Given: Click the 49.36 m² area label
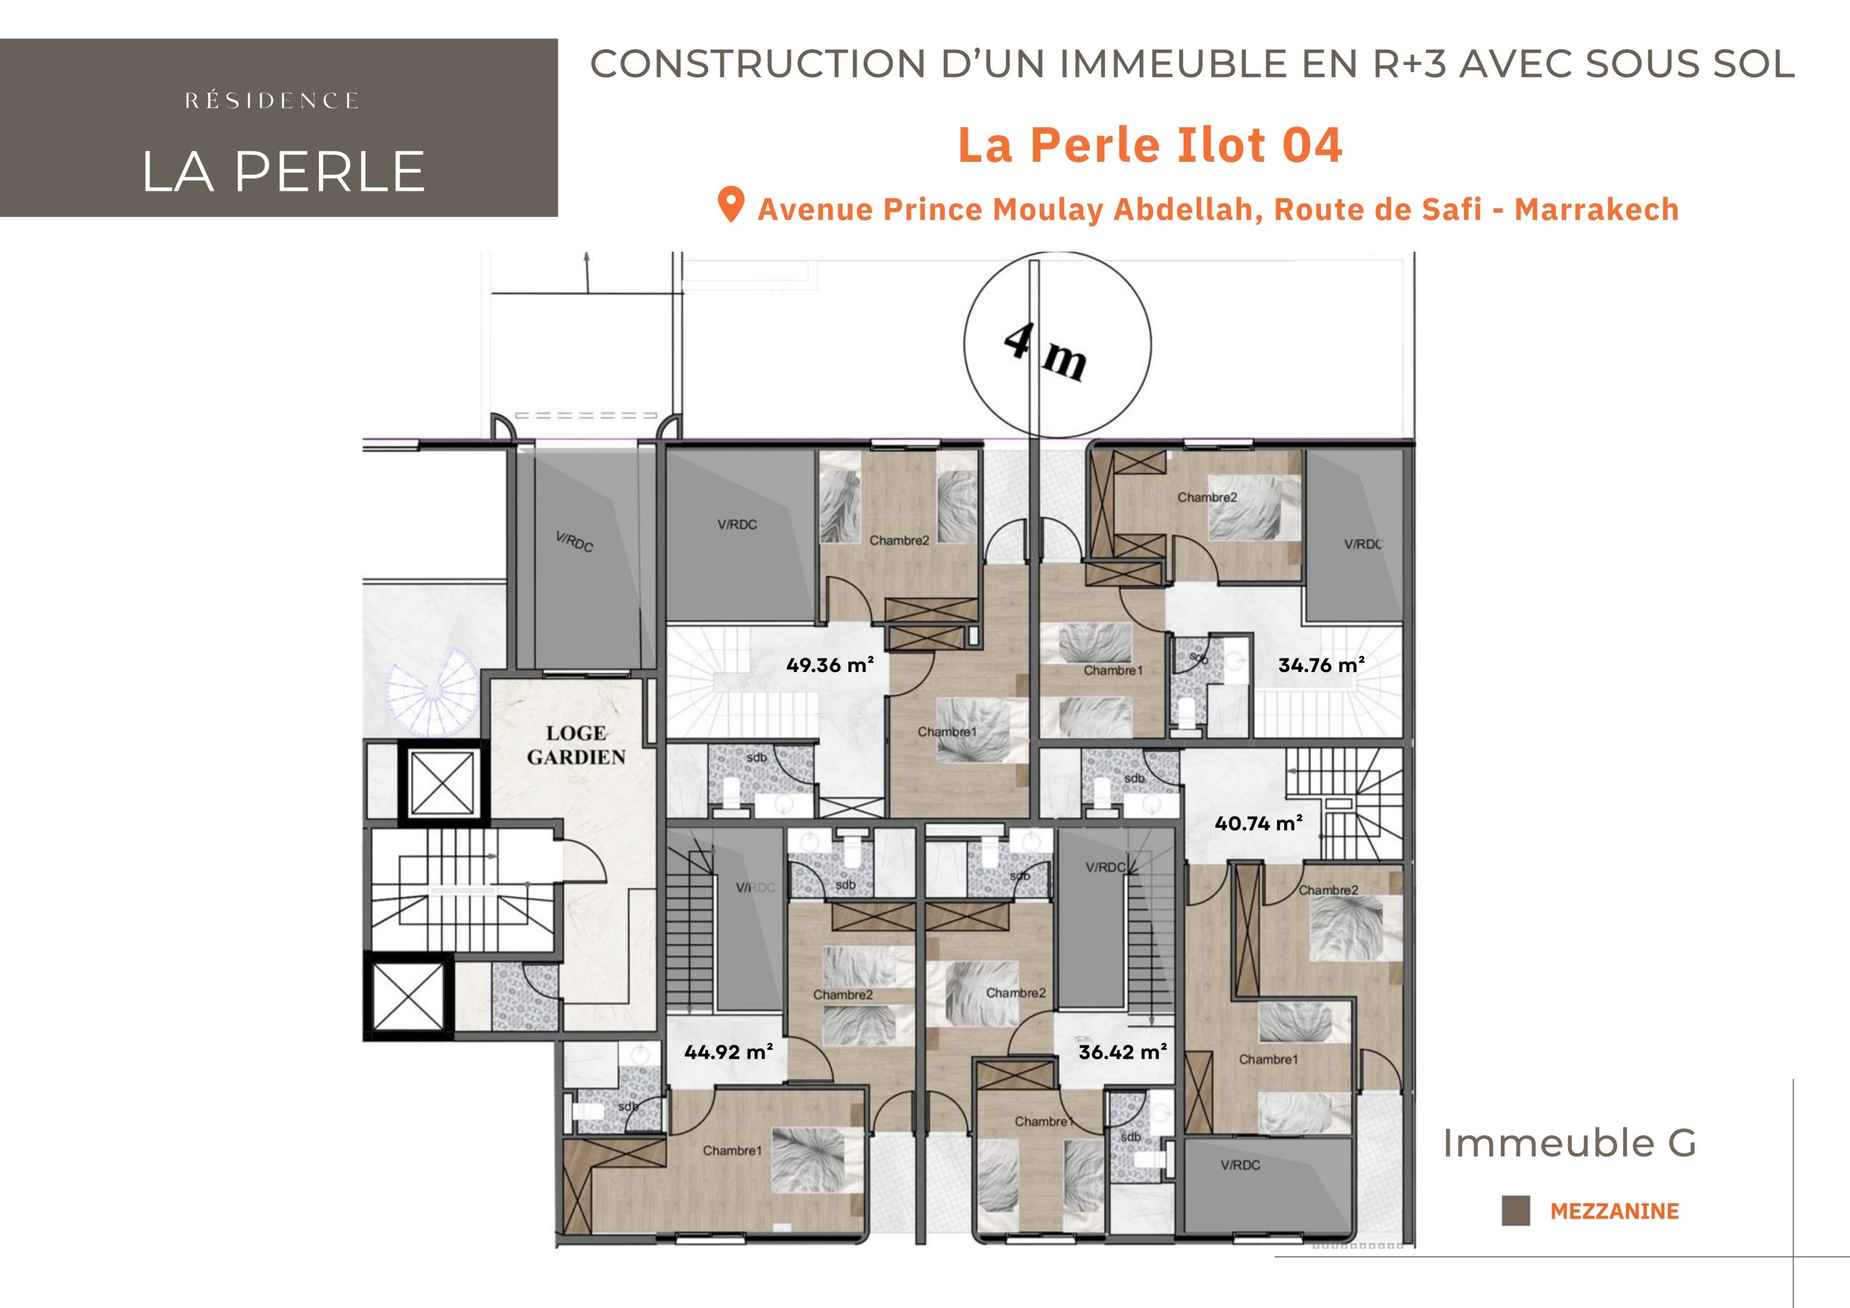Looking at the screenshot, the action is coord(830,665).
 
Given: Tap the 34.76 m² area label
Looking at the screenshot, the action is coord(1322,665).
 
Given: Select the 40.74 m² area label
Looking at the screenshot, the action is coord(1259,823).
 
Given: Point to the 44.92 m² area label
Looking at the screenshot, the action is coord(728,1051).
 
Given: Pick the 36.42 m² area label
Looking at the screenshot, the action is coord(1122,1051).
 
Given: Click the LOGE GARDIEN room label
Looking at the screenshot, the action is coord(576,744).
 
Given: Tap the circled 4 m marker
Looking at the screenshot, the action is coord(1057,344).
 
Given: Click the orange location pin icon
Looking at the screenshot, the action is coord(730,205).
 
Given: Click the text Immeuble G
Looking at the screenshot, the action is coord(1569,1143).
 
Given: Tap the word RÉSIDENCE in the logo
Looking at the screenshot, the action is coord(272,100).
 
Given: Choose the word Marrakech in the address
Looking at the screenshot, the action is coord(1596,210).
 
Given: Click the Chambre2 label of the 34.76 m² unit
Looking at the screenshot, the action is coord(1207,497).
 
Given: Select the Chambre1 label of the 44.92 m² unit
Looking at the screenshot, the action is coord(731,1150).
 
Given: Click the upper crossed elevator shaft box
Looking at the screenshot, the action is coord(442,782).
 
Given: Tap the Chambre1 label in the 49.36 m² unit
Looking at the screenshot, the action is coord(947,732).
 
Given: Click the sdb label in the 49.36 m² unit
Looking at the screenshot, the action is coord(757,757).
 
